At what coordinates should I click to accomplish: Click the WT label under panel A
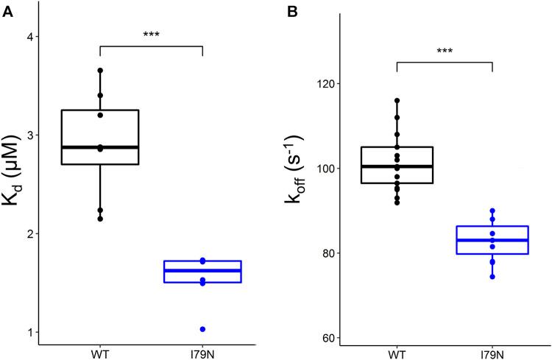coord(100,353)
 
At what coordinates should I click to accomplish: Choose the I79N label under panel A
coord(202,353)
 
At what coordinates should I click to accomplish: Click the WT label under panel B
coord(397,353)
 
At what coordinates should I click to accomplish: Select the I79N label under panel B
coord(492,353)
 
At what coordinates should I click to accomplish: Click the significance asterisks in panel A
coord(151,35)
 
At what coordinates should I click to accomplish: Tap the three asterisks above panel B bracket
coord(445,51)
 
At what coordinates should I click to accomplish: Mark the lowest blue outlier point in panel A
coord(202,329)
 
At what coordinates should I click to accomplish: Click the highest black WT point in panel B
coord(397,100)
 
